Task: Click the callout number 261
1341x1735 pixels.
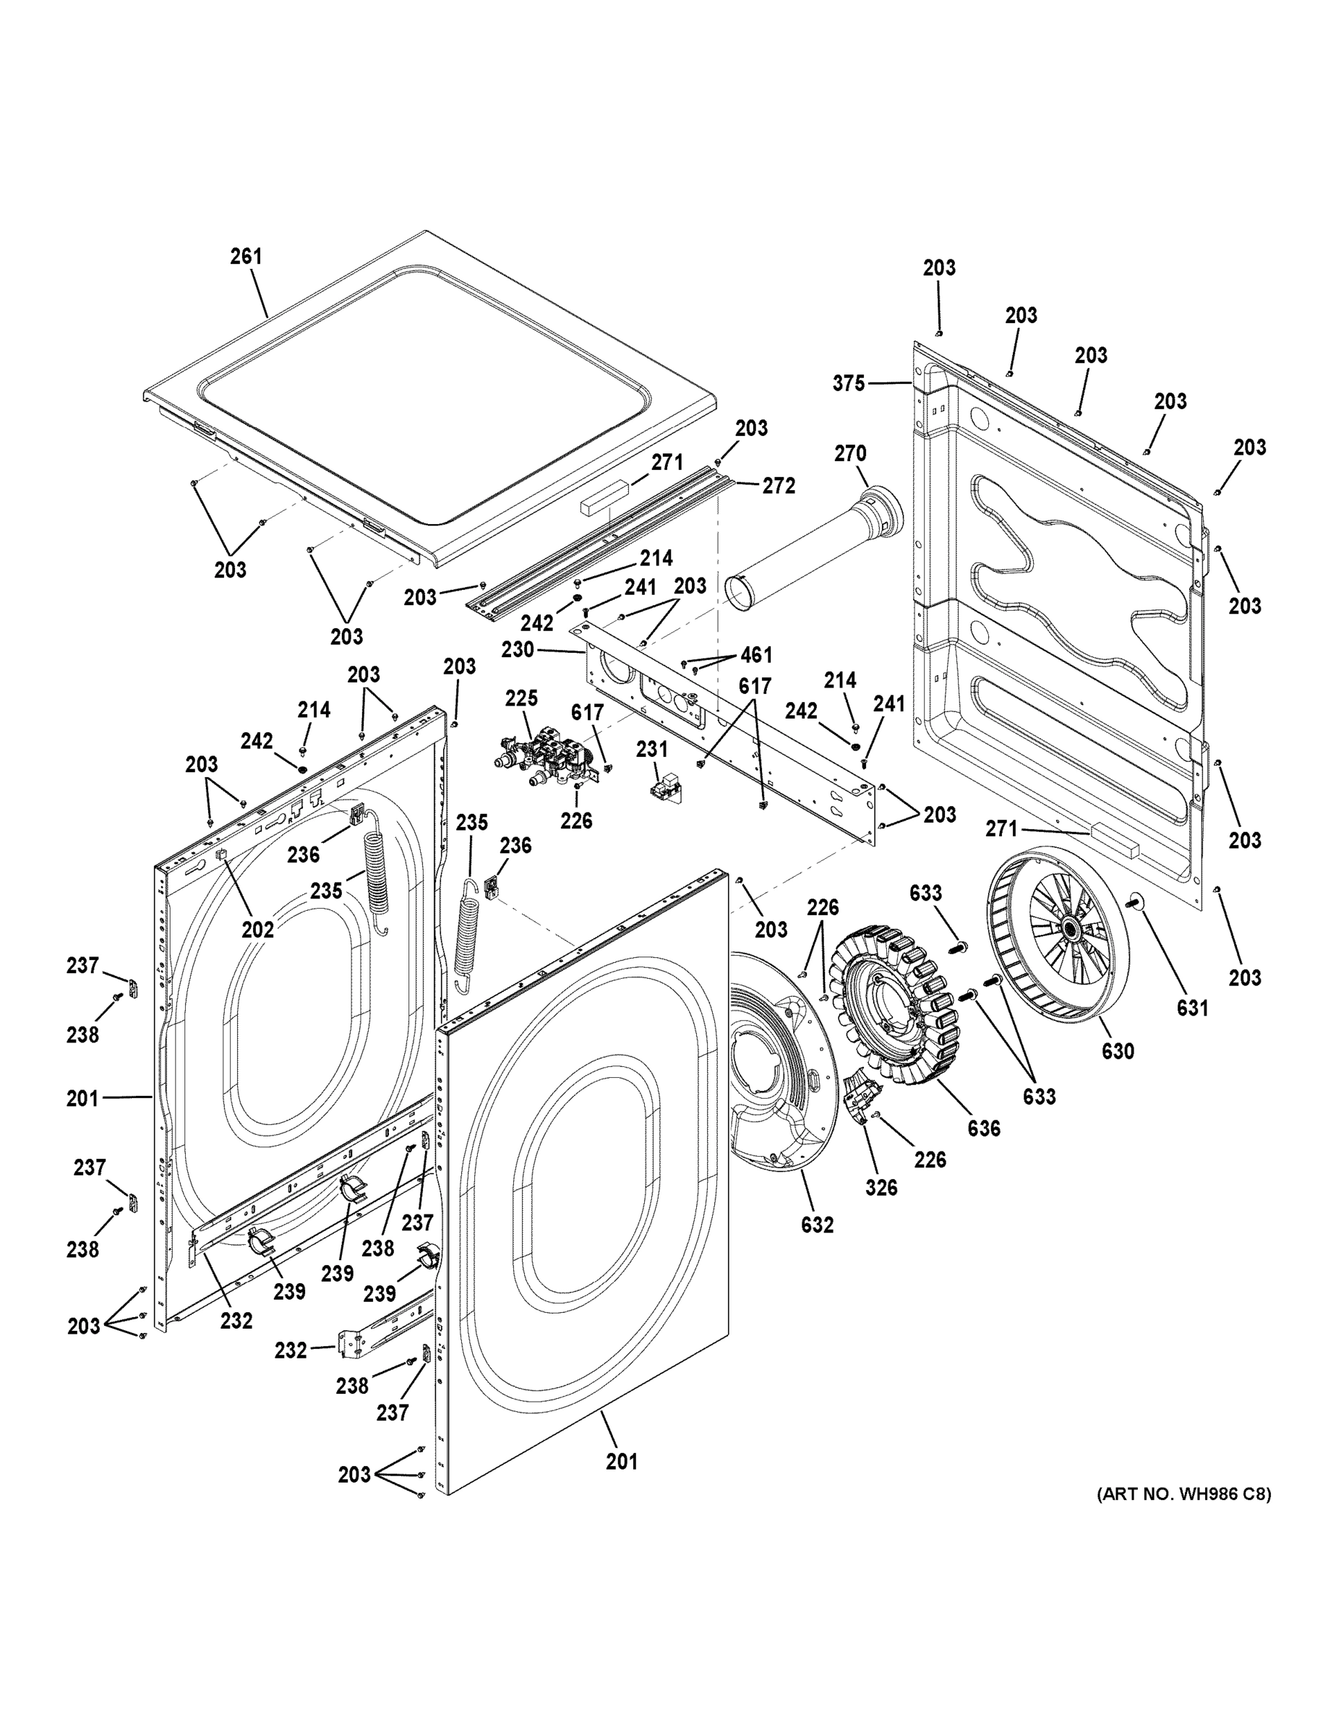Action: (x=246, y=257)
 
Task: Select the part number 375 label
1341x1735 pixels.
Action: (x=848, y=384)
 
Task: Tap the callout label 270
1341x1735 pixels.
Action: (x=850, y=453)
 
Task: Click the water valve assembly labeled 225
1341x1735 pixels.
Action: (x=544, y=755)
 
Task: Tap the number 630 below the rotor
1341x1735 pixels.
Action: (x=1117, y=1051)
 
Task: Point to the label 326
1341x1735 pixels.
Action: (x=881, y=1188)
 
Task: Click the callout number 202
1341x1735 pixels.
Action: (x=257, y=929)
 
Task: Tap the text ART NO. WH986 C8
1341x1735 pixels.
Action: (x=1183, y=1494)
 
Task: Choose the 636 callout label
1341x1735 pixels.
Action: (x=983, y=1128)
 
